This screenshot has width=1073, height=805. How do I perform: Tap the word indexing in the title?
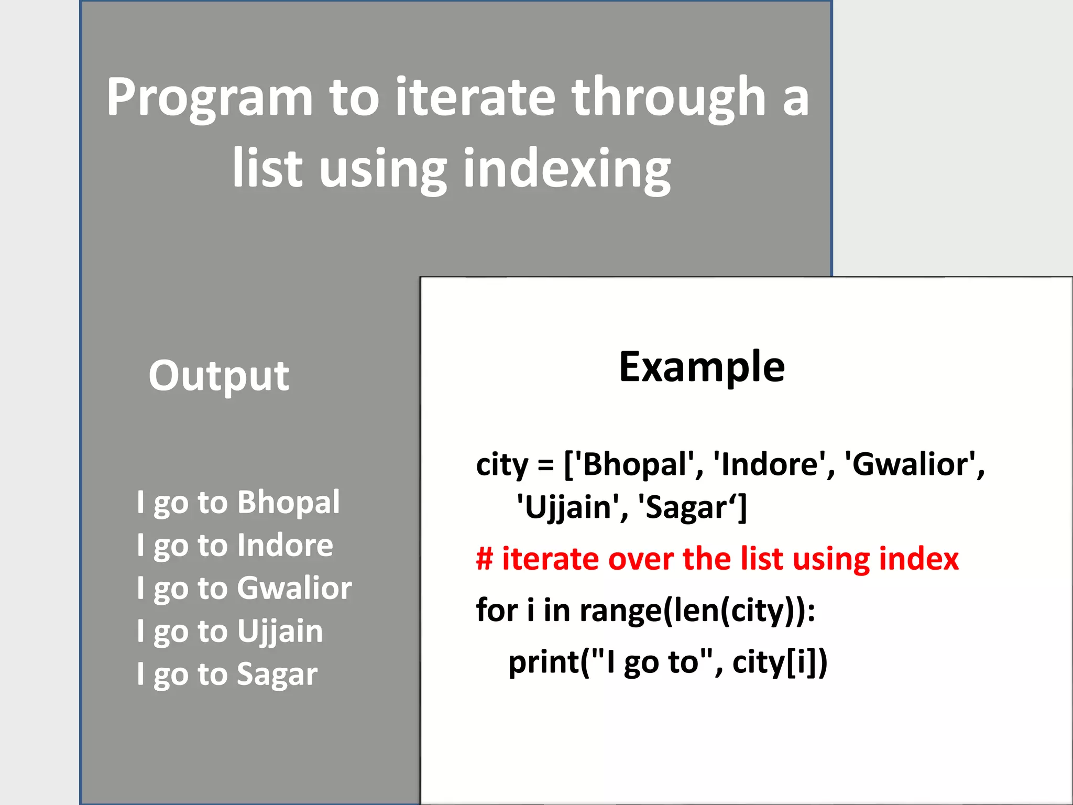click(567, 169)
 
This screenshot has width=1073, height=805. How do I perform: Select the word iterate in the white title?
click(475, 97)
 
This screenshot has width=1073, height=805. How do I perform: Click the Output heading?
click(218, 376)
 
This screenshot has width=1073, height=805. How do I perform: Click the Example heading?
click(702, 367)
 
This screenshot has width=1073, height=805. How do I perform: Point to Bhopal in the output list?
click(289, 502)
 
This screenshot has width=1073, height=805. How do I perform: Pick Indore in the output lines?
click(285, 545)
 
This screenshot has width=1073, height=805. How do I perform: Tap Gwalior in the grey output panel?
click(294, 588)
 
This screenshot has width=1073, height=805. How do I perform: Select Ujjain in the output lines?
click(280, 631)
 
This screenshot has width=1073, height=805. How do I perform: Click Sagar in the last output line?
click(277, 674)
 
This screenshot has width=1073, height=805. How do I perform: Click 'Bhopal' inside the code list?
click(634, 464)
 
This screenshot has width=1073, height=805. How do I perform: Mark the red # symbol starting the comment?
click(485, 559)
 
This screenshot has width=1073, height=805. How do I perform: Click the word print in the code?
click(544, 662)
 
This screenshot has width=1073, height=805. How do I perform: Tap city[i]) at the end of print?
click(780, 662)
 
